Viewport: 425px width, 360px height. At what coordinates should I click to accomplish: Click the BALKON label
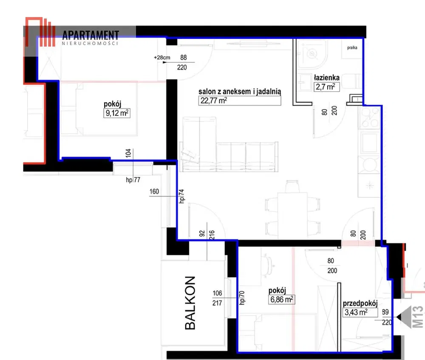coord(190,303)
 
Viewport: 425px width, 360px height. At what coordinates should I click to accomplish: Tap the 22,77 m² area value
coord(214,101)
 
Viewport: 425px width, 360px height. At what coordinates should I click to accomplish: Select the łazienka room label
coord(326,78)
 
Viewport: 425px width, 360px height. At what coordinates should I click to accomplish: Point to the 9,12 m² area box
coord(117,113)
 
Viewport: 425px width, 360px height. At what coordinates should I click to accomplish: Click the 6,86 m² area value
coord(282,300)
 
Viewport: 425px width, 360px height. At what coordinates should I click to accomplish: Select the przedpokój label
coord(360,304)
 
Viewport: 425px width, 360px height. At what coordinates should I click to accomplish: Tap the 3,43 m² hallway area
coord(356,312)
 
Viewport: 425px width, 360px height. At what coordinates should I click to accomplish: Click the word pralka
coord(352,48)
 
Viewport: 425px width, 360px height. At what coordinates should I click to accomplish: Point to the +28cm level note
coord(162,57)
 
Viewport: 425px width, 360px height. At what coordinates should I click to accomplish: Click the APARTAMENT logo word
coord(91,35)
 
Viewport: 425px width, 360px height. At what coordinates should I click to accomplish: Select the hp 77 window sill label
coord(133,180)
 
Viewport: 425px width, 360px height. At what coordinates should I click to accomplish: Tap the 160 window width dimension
coord(154,191)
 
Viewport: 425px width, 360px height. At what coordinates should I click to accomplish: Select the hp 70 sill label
coord(242,298)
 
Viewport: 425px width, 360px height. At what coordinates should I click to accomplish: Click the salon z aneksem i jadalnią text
coord(240,92)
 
